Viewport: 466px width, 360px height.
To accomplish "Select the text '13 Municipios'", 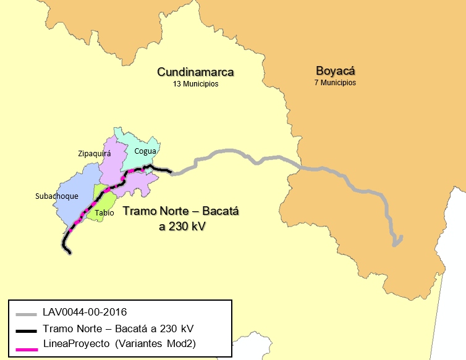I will pyautogui.click(x=195, y=84).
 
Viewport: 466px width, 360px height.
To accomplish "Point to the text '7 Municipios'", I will pyautogui.click(x=334, y=82).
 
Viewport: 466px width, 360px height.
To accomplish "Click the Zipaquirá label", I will pyautogui.click(x=95, y=154).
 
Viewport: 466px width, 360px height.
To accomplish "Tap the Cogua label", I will pyautogui.click(x=145, y=150).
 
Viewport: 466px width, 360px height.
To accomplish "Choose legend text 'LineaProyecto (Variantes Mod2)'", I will pyautogui.click(x=119, y=343).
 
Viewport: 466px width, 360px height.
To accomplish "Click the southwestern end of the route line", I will pyautogui.click(x=69, y=251).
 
